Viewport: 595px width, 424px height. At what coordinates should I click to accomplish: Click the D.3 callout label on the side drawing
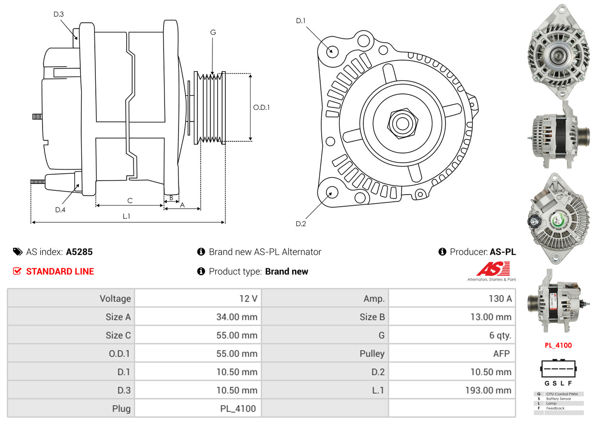tap(59, 14)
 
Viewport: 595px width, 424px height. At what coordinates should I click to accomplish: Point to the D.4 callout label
tap(60, 210)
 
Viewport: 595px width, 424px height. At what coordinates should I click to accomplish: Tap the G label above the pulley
tap(213, 32)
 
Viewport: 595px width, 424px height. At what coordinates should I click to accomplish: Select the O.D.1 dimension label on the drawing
tap(262, 107)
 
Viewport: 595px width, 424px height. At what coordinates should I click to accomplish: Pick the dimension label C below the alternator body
tap(130, 200)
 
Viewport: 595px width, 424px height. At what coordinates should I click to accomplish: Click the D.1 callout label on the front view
tap(301, 20)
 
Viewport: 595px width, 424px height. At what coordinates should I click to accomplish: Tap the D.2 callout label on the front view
tap(301, 224)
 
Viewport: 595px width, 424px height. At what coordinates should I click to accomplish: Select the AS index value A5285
tap(79, 252)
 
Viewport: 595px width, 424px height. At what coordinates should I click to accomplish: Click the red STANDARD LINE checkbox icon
tap(17, 271)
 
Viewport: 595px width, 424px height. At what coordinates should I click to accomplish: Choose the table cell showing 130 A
tap(500, 299)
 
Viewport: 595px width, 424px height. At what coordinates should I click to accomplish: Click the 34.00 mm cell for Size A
tap(237, 317)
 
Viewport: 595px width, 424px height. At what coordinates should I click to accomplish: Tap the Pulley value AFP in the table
tap(501, 353)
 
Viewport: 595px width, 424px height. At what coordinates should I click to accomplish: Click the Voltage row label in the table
tap(115, 299)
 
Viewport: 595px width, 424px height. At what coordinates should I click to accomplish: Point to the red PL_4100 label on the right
tap(558, 345)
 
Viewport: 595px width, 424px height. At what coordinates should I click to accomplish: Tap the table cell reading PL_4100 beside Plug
tap(238, 409)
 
